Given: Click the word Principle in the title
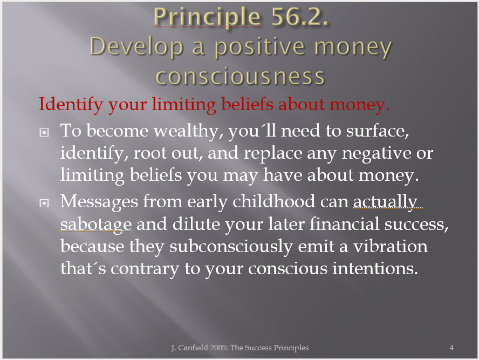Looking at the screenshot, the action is (x=208, y=17).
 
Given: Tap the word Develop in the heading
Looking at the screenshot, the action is (x=136, y=48).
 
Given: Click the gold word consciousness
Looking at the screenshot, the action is (x=240, y=76).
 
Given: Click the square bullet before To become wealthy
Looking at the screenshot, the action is (x=44, y=132).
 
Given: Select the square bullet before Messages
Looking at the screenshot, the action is (x=44, y=203).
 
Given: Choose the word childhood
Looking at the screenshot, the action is (x=273, y=202).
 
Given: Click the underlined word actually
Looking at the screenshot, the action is (x=385, y=202).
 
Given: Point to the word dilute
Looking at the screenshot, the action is (x=196, y=224).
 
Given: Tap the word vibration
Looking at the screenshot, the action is (x=391, y=246).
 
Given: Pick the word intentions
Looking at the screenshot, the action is (x=375, y=269).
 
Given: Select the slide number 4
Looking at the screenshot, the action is (x=451, y=348).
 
